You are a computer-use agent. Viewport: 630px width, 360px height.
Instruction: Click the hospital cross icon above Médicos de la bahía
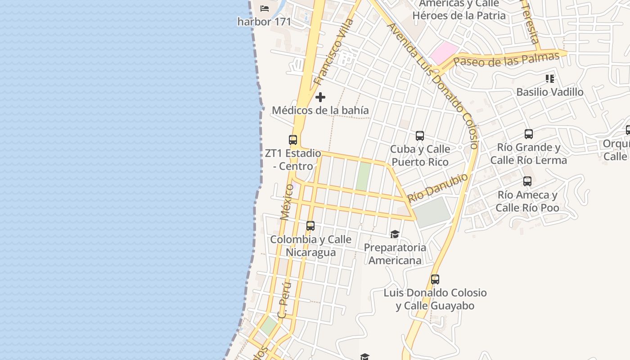point(320,97)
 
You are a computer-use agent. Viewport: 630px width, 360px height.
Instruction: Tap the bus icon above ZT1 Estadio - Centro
point(293,140)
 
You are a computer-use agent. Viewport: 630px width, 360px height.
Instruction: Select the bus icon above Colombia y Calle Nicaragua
point(310,226)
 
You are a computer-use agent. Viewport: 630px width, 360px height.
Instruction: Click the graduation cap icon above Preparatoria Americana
point(395,234)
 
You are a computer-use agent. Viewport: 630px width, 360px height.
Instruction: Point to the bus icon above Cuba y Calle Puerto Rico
point(420,135)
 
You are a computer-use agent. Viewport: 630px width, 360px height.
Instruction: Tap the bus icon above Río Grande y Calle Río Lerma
point(529,134)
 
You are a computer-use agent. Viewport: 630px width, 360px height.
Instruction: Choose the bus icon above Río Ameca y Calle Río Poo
point(527,181)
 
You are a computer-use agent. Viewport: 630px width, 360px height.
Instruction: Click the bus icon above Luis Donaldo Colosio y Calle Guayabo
point(435,279)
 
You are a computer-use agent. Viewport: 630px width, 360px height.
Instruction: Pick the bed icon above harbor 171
point(265,8)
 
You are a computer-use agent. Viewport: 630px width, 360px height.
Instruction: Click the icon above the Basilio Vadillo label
point(549,79)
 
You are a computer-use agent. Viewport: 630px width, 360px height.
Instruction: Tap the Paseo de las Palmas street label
point(506,59)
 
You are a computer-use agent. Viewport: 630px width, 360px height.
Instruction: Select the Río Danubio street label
point(437,188)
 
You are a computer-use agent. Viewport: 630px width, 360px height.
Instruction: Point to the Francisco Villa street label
point(333,52)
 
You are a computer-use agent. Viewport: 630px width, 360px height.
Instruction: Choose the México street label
point(287,202)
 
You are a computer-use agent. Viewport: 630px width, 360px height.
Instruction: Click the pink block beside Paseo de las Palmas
point(443,53)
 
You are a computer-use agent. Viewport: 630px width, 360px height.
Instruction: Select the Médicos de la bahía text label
point(320,110)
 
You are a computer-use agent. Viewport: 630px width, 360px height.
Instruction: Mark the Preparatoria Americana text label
point(395,254)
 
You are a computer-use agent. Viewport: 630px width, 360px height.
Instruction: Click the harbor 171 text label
point(264,22)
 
